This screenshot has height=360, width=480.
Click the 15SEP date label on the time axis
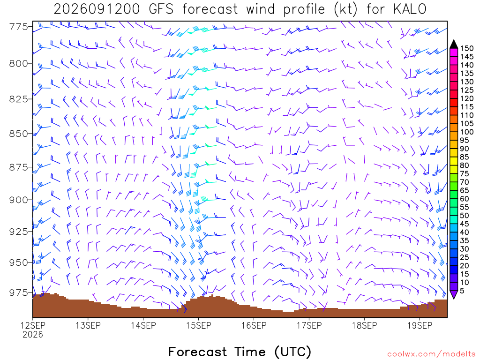coord(199,325)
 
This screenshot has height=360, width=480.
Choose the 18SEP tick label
coord(364,325)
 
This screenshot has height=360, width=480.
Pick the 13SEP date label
coord(88,325)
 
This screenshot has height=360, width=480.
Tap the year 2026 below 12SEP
coord(33,334)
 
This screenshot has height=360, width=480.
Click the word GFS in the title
coord(161,9)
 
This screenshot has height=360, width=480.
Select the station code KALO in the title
coord(410,9)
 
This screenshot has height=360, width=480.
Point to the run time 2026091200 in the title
coord(97,9)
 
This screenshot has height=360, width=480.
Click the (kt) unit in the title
coord(345,9)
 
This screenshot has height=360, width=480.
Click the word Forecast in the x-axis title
coord(197,352)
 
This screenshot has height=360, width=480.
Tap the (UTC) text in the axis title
coord(293,352)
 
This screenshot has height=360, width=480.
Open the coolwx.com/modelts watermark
coord(431,354)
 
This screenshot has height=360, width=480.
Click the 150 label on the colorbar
coord(467,48)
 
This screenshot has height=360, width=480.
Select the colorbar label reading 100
coord(467,132)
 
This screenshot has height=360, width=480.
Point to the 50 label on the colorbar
coord(465,216)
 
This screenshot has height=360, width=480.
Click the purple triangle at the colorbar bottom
coord(454,294)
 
